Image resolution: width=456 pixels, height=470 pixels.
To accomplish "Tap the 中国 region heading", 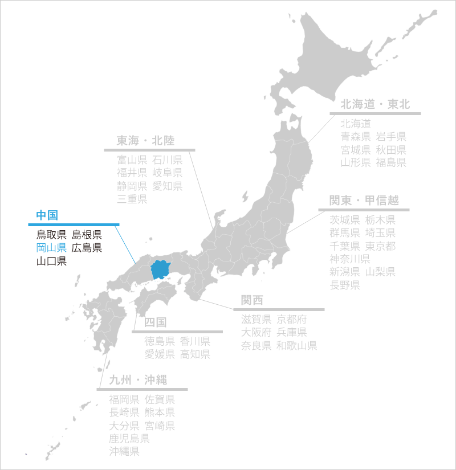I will pyautogui.click(x=47, y=215).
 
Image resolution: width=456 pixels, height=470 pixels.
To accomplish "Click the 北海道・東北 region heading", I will pyautogui.click(x=374, y=105).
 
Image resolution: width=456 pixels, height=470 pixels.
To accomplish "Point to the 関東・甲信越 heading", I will pyautogui.click(x=363, y=201).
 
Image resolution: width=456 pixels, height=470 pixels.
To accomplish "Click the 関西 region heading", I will pyautogui.click(x=252, y=300).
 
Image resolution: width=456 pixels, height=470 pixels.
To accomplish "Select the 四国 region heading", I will pyautogui.click(x=155, y=322).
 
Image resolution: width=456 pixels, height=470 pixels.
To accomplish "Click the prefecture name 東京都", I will pyautogui.click(x=380, y=247).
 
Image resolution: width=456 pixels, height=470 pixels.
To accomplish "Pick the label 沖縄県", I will pyautogui.click(x=124, y=452).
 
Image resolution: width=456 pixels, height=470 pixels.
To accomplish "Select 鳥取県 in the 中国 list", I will pyautogui.click(x=51, y=234).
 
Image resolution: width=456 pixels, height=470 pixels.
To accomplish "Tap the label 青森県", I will pyautogui.click(x=356, y=136).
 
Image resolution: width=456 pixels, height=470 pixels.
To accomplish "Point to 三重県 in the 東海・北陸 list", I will pyautogui.click(x=132, y=199).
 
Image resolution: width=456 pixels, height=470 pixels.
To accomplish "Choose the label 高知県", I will pyautogui.click(x=195, y=354).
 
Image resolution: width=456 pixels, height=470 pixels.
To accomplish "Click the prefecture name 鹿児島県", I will pyautogui.click(x=129, y=439).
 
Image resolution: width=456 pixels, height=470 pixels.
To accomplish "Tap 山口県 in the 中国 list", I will pyautogui.click(x=51, y=261).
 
